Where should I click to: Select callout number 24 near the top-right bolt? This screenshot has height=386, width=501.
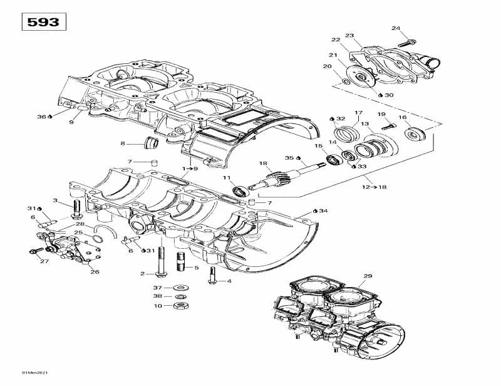click(x=396, y=28)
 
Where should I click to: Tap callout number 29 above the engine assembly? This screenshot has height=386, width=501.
click(x=368, y=276)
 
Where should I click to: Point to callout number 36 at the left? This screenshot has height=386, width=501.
click(x=42, y=117)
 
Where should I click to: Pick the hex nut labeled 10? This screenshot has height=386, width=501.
click(x=178, y=306)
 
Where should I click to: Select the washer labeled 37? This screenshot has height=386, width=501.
click(x=179, y=288)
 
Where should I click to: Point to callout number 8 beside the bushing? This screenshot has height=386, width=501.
click(x=123, y=143)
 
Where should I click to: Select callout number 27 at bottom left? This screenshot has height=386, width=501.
click(x=44, y=261)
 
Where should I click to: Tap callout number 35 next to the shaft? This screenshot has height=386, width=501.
click(x=290, y=158)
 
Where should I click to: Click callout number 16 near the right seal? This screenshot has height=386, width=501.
click(x=403, y=118)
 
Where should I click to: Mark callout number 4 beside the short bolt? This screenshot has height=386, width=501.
click(x=229, y=281)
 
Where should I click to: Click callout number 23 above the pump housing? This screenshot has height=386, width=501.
click(x=349, y=36)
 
